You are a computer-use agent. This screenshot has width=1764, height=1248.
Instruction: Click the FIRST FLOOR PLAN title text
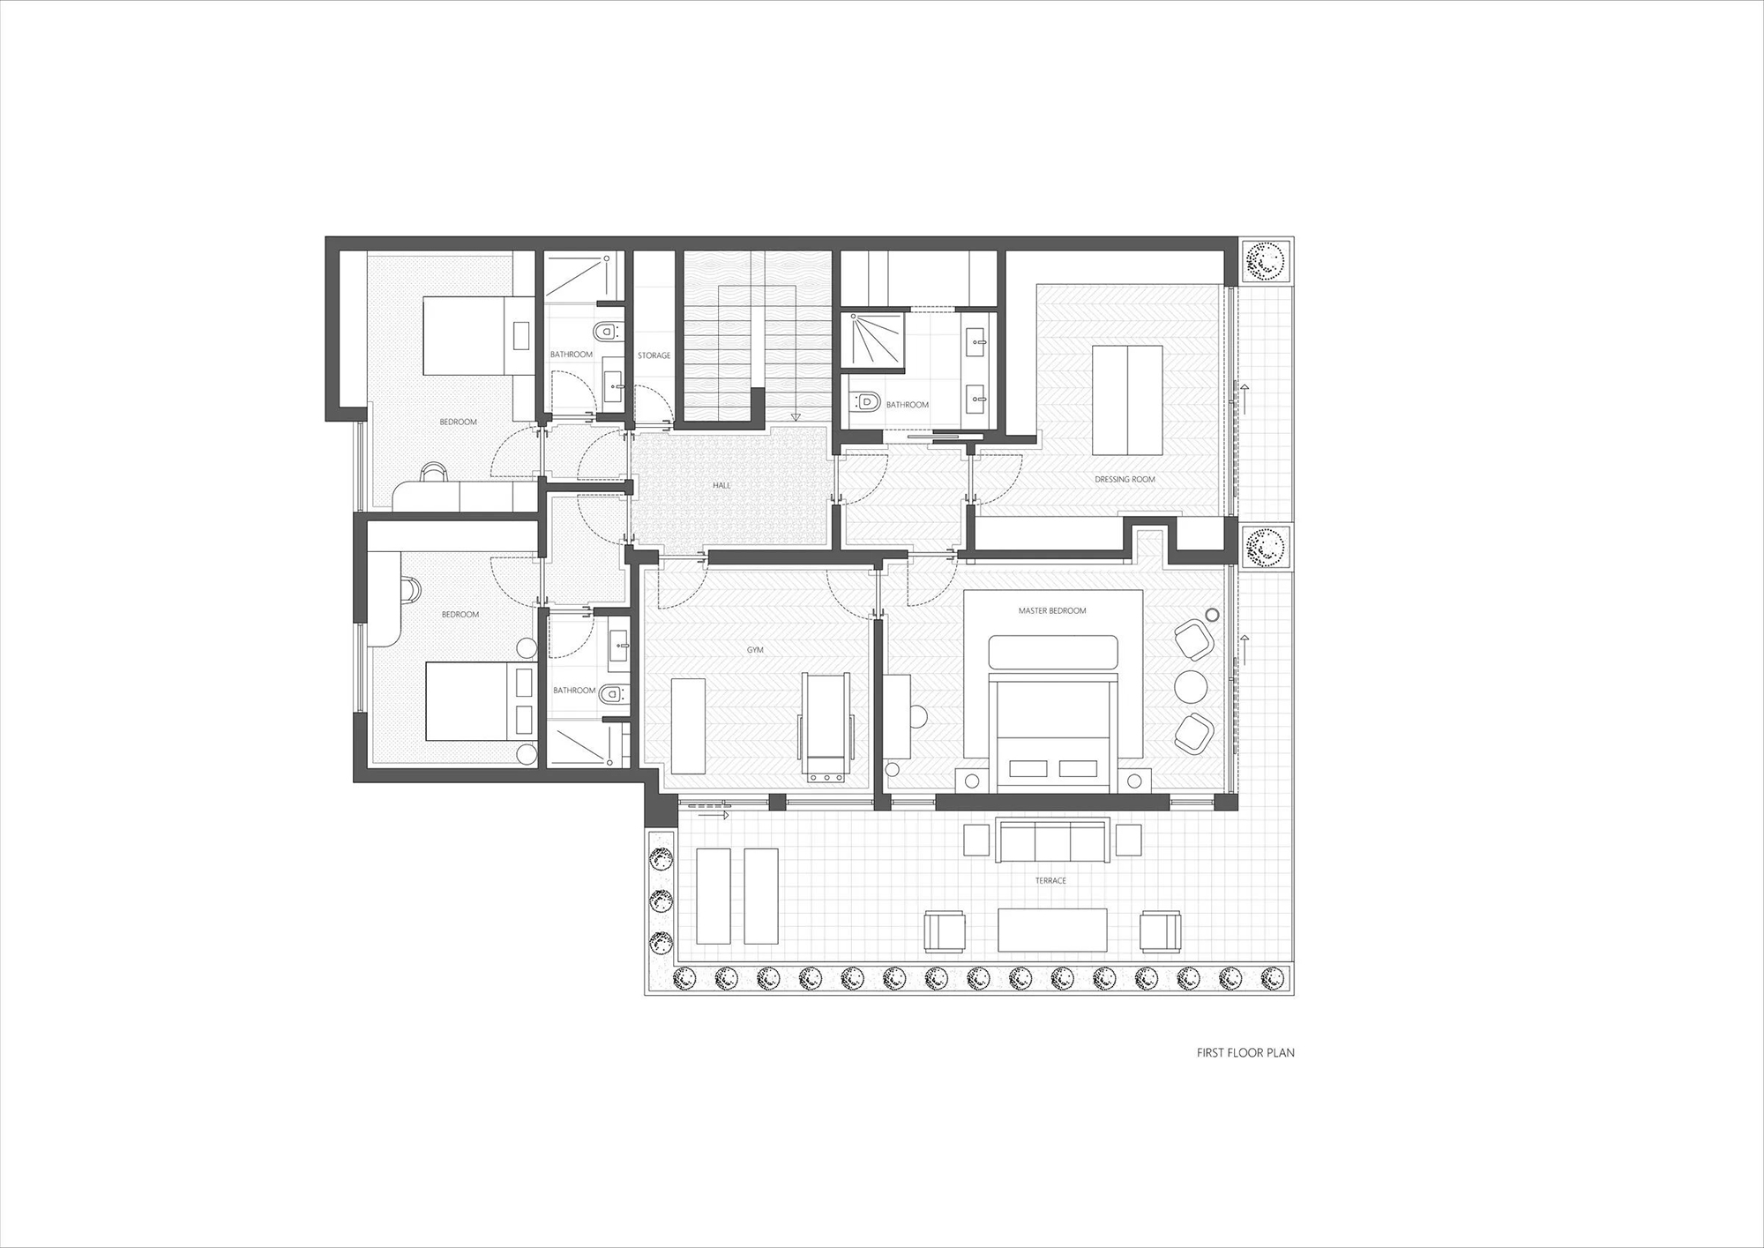click(x=1245, y=1052)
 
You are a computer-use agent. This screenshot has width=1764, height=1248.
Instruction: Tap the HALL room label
click(x=721, y=485)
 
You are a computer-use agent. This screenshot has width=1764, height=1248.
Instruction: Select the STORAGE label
click(x=654, y=355)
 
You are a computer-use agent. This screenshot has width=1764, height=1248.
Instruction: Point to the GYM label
click(x=755, y=650)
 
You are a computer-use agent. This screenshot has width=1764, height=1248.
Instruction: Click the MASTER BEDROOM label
click(x=1052, y=610)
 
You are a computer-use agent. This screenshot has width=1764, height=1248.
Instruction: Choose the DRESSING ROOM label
click(x=1125, y=480)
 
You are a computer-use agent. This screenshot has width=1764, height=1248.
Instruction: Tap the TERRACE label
click(x=1050, y=880)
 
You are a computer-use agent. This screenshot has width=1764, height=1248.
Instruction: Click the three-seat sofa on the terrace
click(x=1052, y=841)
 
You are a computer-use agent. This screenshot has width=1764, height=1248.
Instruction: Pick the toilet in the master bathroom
click(x=865, y=402)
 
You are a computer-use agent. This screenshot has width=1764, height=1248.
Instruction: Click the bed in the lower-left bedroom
click(x=480, y=702)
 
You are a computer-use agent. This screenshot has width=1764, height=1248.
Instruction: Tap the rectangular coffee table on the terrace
click(x=1052, y=930)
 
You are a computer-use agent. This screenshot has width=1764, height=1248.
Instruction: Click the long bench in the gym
click(x=688, y=726)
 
